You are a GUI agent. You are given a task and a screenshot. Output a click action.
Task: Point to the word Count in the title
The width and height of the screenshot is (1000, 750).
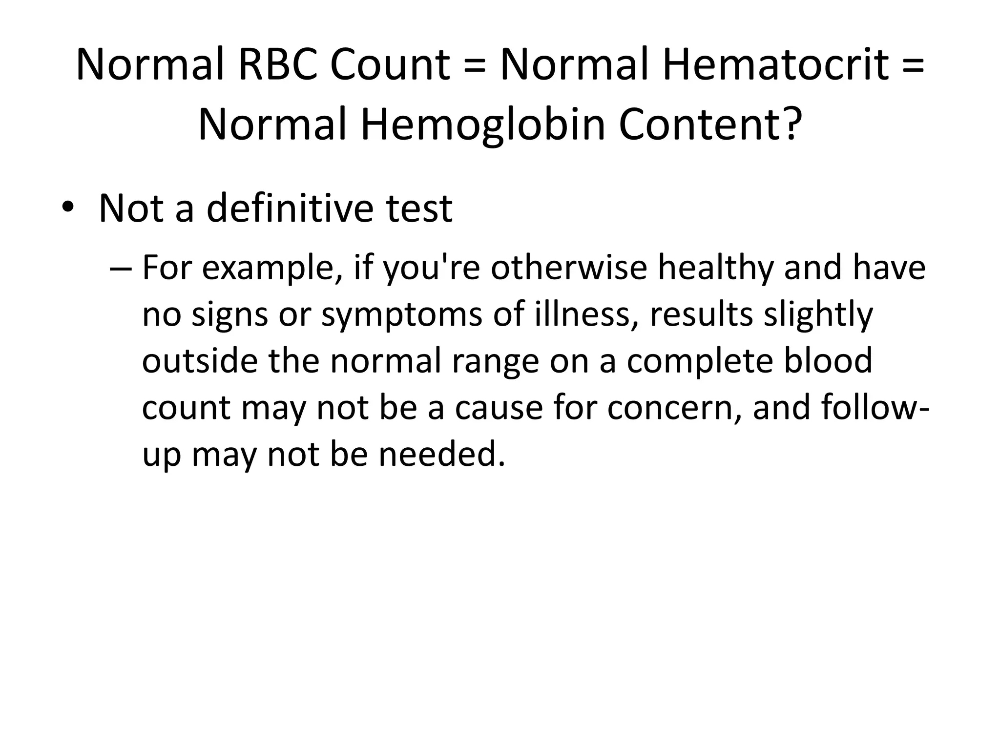point(389,65)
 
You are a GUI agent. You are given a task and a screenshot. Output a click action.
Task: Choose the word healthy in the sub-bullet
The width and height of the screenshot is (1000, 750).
point(716,269)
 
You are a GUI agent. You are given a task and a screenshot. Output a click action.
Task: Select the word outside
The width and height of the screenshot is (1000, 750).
point(200,361)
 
